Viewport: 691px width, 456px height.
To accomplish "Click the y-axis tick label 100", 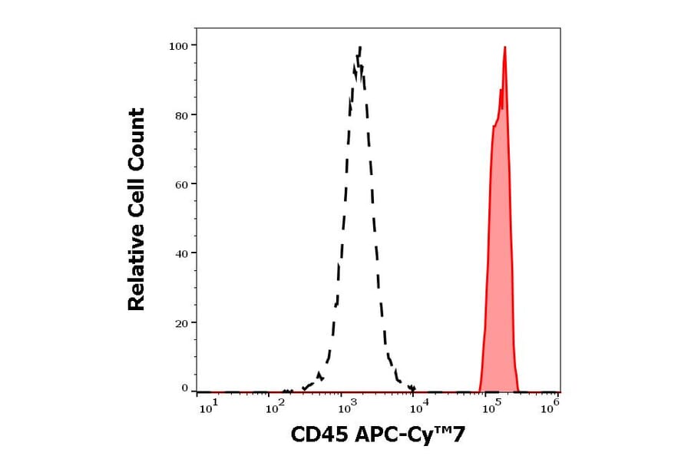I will pyautogui.click(x=179, y=46).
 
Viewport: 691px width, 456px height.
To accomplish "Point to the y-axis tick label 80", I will pyautogui.click(x=182, y=115).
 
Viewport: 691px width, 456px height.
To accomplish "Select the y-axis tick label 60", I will pyautogui.click(x=182, y=184).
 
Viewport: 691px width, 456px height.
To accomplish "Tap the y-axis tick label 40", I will pyautogui.click(x=182, y=253).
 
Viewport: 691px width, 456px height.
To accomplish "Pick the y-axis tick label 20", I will pyautogui.click(x=182, y=322).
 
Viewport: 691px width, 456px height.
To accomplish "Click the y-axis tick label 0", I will pyautogui.click(x=185, y=388).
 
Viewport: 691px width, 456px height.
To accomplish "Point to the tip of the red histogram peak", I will pyautogui.click(x=504, y=48).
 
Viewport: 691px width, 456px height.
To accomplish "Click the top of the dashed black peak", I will pyautogui.click(x=359, y=48).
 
